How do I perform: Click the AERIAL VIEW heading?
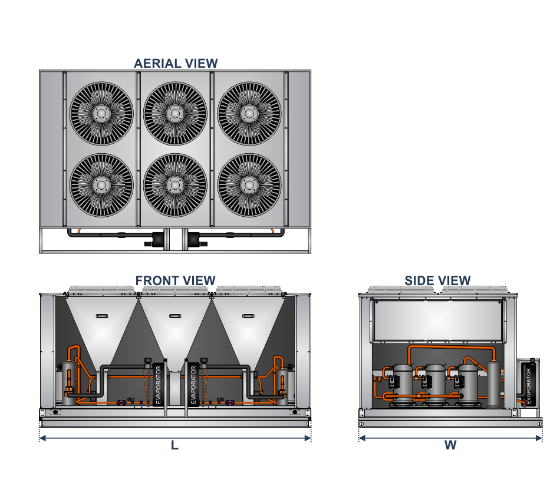pos(176,63)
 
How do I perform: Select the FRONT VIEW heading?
pos(176,280)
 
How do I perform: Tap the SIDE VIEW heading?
pos(437,280)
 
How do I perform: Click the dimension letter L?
pos(174,446)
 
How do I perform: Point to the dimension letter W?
pos(450,446)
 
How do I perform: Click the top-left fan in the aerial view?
pos(101,113)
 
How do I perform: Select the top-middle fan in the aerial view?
pos(175,113)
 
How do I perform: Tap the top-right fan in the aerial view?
pos(249,113)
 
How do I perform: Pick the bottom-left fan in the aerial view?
pos(101,185)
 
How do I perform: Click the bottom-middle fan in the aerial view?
pos(175,185)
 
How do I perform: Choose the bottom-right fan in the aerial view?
pos(249,185)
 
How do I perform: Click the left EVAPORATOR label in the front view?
pos(157,385)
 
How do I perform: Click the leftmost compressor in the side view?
pos(404,384)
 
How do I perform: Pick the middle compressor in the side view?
pos(436,384)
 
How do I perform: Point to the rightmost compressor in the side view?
pos(469,384)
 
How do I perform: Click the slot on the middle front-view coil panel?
pos(175,316)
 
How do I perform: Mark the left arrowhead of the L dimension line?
pos(42,438)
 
